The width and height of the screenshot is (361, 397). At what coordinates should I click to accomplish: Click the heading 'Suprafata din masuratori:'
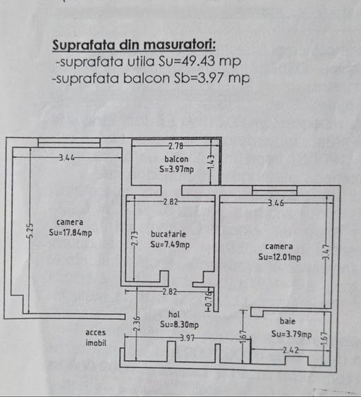(x=134, y=45)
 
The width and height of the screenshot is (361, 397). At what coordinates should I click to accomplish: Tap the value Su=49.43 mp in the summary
(x=200, y=61)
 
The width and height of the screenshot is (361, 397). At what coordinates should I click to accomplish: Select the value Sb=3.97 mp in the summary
(x=212, y=78)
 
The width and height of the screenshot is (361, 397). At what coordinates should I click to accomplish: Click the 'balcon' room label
(x=176, y=159)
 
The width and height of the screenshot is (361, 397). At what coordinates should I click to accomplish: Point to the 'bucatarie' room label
(x=169, y=234)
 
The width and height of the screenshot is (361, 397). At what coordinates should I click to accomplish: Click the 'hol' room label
(x=174, y=314)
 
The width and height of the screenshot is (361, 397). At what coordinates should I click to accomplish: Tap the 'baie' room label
(x=288, y=321)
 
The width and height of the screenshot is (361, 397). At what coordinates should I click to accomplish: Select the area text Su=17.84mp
(x=71, y=233)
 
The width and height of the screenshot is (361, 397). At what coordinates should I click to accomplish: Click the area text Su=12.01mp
(x=279, y=257)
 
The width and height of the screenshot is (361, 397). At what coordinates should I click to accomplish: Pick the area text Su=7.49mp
(x=170, y=245)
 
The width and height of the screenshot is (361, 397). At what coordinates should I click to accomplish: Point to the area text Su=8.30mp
(x=179, y=324)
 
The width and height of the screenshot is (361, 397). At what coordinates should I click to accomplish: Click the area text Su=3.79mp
(x=291, y=334)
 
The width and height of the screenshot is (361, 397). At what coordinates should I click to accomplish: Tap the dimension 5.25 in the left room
(x=30, y=231)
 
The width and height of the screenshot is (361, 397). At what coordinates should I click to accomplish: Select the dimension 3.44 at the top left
(x=67, y=158)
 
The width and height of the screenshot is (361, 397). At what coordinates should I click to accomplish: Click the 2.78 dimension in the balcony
(x=176, y=146)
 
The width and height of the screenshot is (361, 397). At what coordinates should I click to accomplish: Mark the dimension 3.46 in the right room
(x=276, y=203)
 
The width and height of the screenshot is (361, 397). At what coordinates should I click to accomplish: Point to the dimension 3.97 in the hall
(x=187, y=338)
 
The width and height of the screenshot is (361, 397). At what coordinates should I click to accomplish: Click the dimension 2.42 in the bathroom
(x=290, y=350)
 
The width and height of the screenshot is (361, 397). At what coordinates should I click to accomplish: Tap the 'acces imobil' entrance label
(x=96, y=338)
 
